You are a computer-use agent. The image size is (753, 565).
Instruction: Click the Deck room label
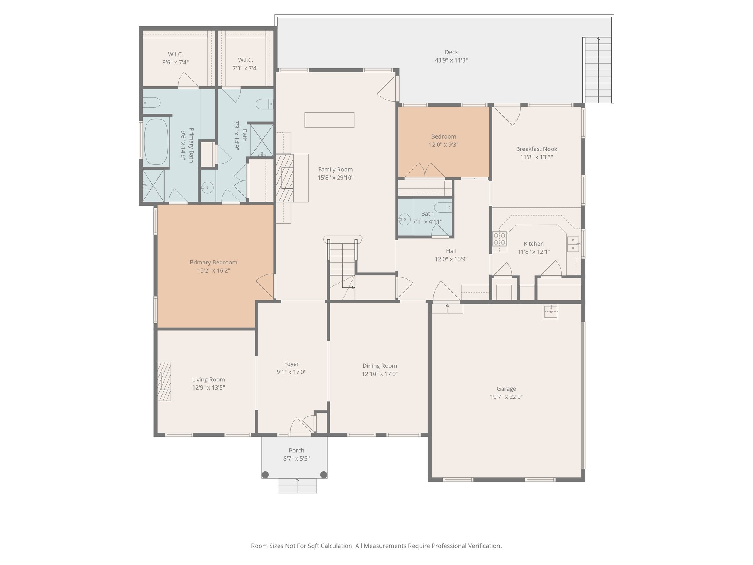coord(451,52)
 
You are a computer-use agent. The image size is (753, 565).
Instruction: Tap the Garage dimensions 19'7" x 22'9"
coord(506,397)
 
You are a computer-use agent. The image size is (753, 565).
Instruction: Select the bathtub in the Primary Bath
coord(156,142)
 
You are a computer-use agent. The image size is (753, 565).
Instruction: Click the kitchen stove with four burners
coord(500,238)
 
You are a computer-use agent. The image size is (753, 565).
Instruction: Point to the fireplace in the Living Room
coord(164,381)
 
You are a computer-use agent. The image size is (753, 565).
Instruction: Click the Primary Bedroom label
coord(213,262)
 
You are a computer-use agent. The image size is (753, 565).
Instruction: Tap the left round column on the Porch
coord(265,474)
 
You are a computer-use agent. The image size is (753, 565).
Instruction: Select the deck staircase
coord(598,70)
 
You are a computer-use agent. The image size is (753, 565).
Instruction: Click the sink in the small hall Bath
coord(404,220)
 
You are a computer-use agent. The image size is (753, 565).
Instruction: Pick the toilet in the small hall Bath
coord(443,207)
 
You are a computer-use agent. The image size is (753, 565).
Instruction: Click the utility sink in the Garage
coord(550,312)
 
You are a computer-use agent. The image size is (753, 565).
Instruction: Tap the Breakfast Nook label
coord(536,149)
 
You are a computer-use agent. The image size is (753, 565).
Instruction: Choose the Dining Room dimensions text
coord(379,374)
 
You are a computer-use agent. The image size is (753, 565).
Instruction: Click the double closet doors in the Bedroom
coord(425,170)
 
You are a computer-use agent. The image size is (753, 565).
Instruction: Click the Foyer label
coord(291,364)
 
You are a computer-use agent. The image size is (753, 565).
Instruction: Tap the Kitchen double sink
coord(573,244)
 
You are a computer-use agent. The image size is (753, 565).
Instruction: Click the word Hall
coord(451,251)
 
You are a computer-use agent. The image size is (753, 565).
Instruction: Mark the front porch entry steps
coord(297,485)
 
